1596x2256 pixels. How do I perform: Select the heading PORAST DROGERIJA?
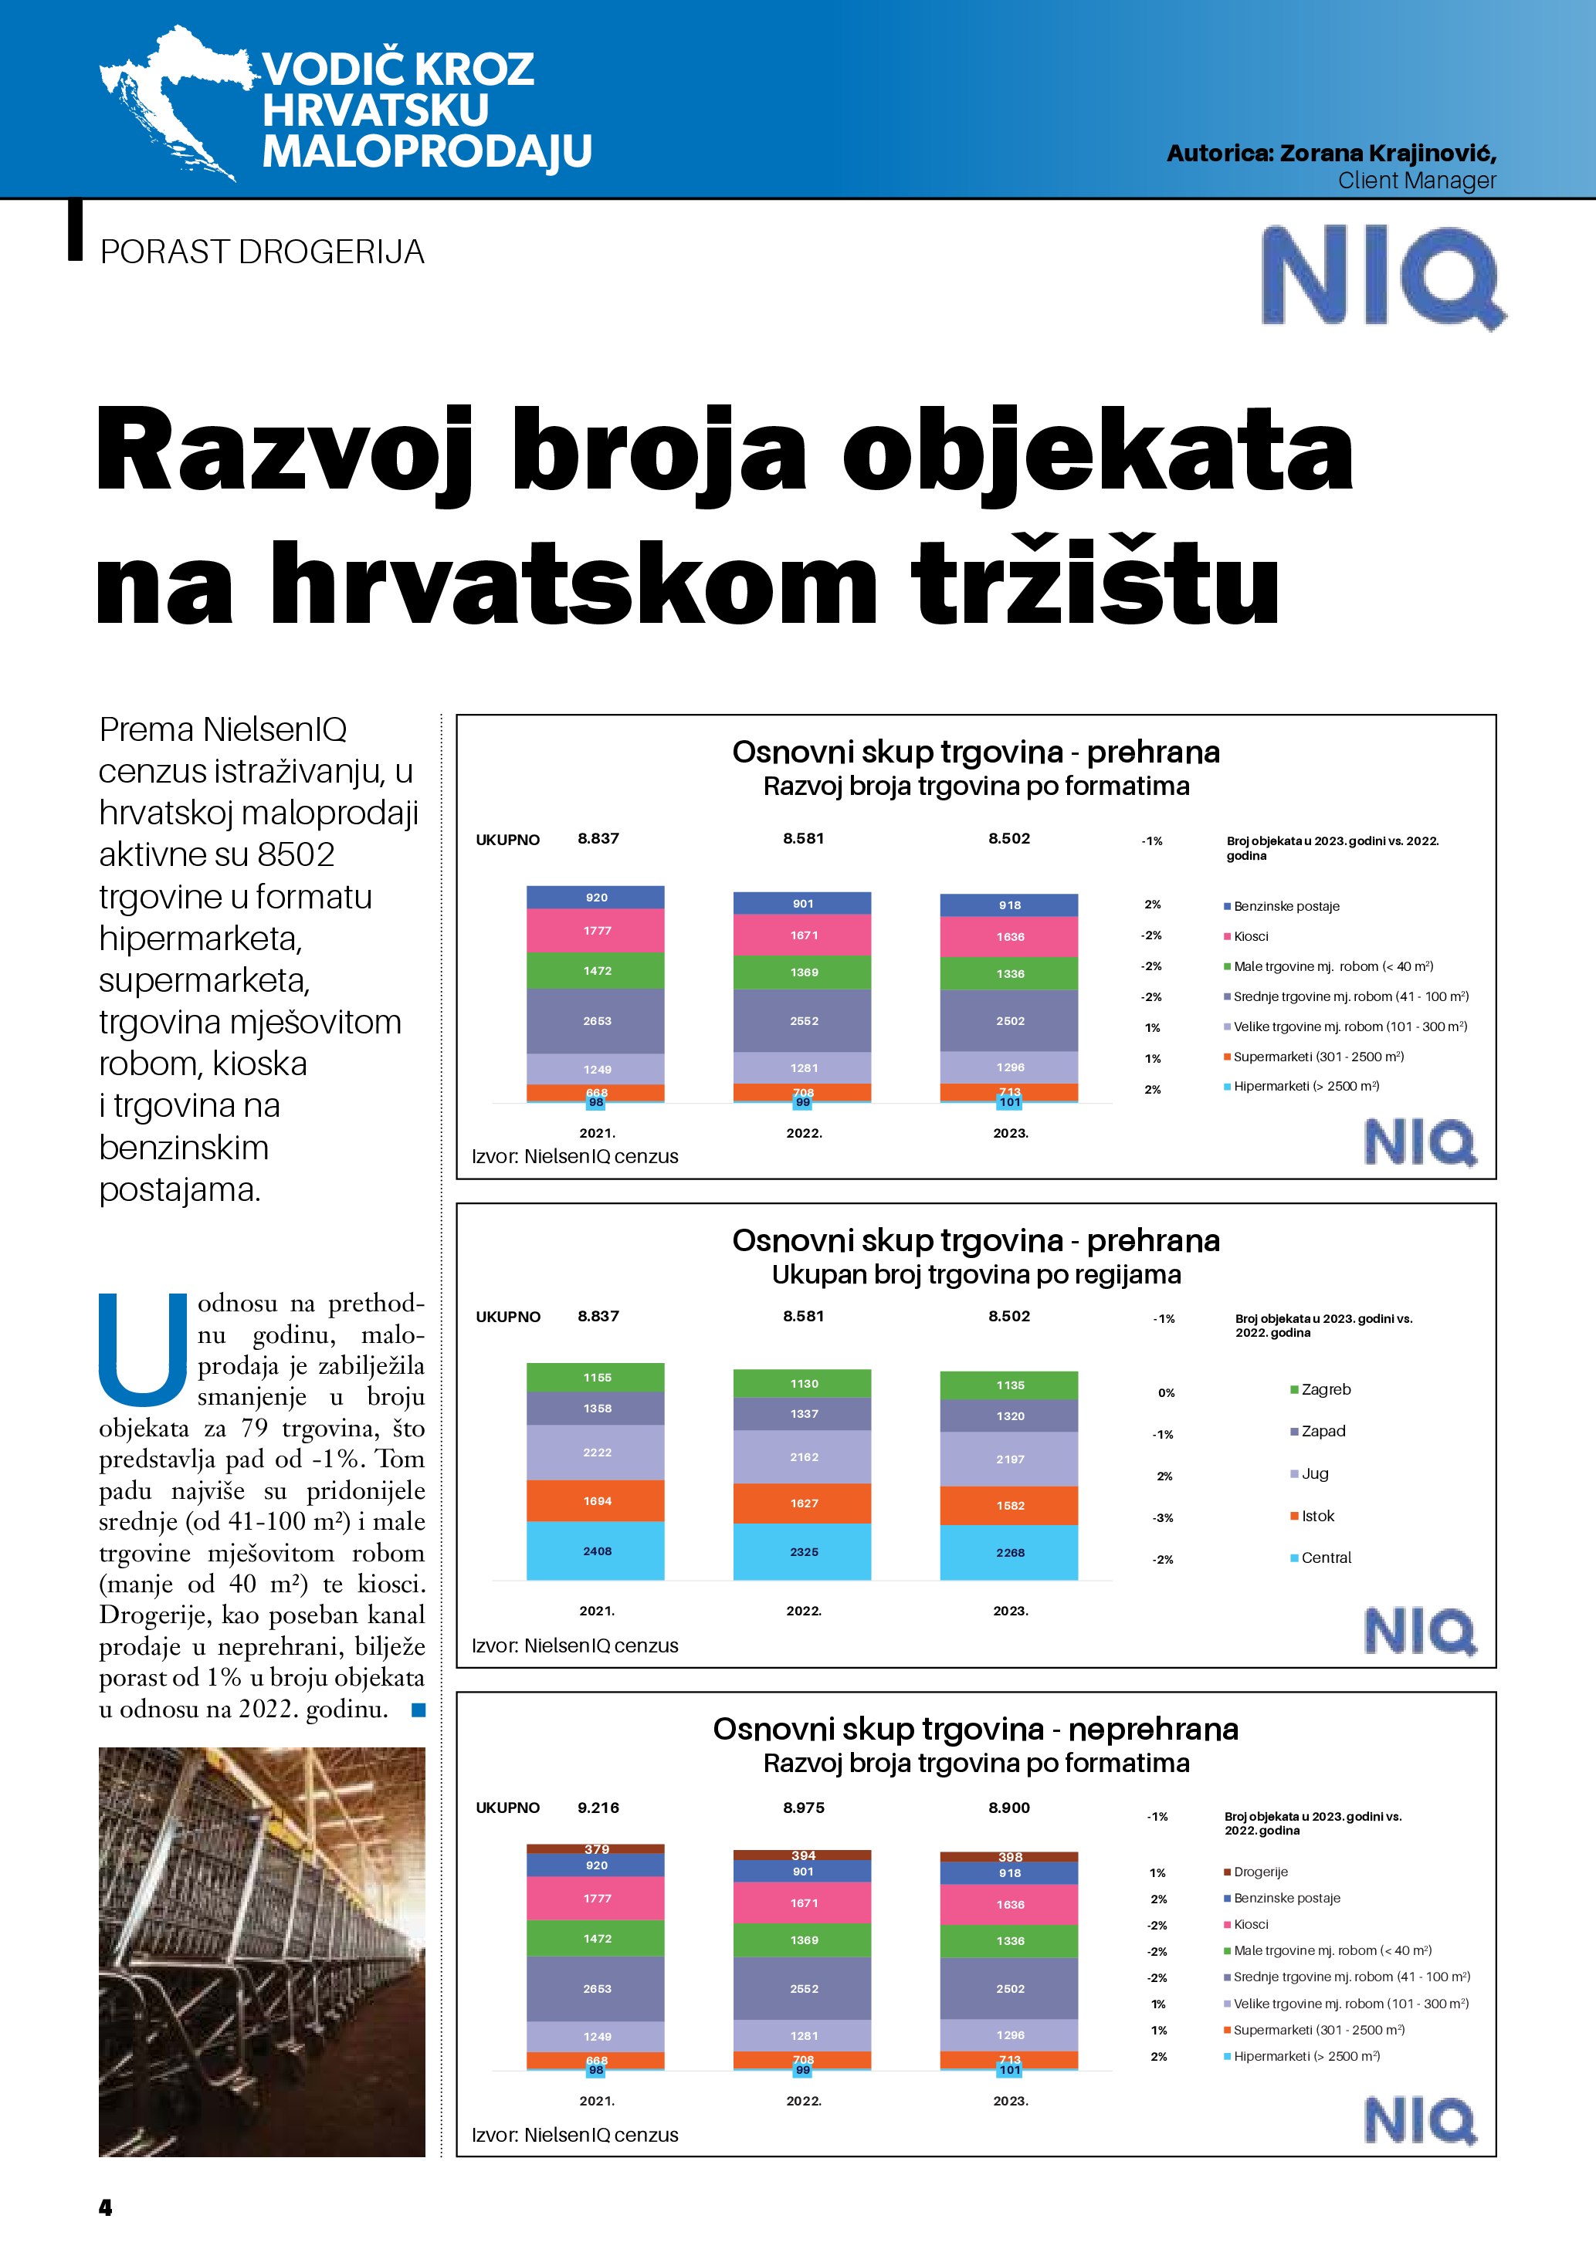click(263, 252)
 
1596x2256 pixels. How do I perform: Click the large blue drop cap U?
click(144, 1349)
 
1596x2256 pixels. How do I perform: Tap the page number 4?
click(105, 2208)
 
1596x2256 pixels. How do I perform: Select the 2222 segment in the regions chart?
click(597, 1453)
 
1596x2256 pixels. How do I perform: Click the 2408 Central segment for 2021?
click(597, 1551)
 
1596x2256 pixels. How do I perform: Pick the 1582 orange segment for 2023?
click(1009, 1505)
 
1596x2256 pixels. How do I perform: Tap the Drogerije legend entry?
click(1260, 1872)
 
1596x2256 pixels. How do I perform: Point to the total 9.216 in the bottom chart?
click(598, 1808)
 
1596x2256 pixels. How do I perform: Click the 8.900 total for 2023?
click(1009, 1808)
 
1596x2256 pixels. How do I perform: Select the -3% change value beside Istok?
click(1164, 1518)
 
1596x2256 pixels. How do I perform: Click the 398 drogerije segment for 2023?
click(1009, 1857)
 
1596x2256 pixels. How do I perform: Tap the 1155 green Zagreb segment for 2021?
click(597, 1378)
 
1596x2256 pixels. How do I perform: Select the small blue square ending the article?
click(418, 1710)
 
